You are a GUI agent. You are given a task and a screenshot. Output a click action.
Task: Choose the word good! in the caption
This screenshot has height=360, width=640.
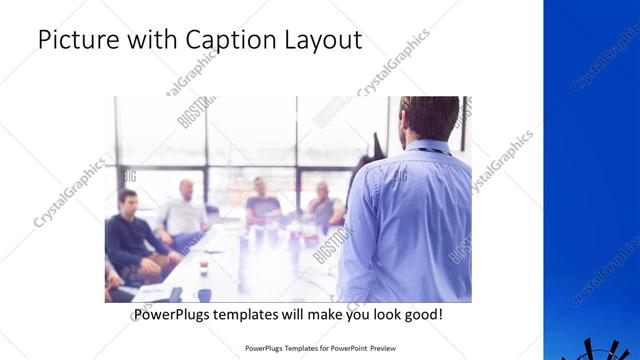tap(423, 315)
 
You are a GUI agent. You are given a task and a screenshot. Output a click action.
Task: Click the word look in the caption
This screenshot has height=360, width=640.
tap(380, 315)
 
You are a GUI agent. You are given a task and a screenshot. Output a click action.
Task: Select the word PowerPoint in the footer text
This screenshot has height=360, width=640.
tap(345, 349)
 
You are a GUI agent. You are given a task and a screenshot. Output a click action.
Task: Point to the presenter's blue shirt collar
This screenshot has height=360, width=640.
tap(427, 147)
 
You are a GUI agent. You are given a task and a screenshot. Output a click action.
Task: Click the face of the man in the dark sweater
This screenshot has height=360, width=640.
tap(127, 199)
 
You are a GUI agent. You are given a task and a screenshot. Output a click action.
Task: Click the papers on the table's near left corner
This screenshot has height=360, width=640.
tap(150, 293)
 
